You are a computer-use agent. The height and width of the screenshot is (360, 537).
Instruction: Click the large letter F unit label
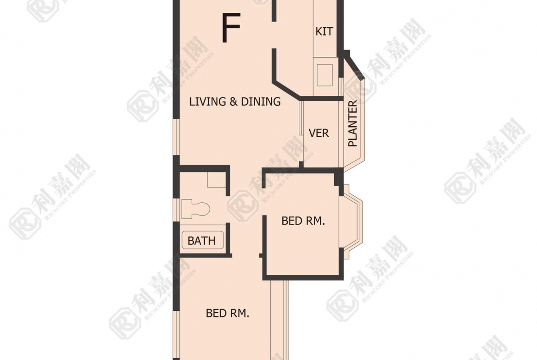(x=231, y=28)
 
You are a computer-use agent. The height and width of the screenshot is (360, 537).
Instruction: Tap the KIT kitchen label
(x=324, y=32)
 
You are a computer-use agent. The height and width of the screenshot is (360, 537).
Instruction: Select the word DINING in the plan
(x=261, y=102)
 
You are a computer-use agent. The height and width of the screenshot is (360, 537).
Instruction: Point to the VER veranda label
(x=319, y=133)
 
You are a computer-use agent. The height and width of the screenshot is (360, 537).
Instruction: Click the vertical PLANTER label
(x=352, y=123)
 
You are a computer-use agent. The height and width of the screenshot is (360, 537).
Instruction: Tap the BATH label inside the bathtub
(x=201, y=241)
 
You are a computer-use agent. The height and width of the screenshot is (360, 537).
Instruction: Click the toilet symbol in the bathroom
(x=196, y=209)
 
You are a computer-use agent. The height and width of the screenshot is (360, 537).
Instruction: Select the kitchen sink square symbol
(x=324, y=75)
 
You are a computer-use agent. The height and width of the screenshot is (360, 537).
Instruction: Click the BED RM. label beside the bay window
(x=303, y=221)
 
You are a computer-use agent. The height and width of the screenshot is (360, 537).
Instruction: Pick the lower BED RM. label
(x=227, y=313)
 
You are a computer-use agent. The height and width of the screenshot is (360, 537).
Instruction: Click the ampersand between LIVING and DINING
(x=234, y=102)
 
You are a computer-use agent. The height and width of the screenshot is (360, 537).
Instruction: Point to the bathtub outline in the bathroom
(x=202, y=240)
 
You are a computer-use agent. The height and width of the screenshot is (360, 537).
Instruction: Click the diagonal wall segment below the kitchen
(x=287, y=91)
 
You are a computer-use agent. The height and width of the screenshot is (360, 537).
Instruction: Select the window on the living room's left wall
(x=176, y=137)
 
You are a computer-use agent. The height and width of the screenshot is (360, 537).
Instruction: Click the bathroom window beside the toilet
(x=176, y=210)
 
